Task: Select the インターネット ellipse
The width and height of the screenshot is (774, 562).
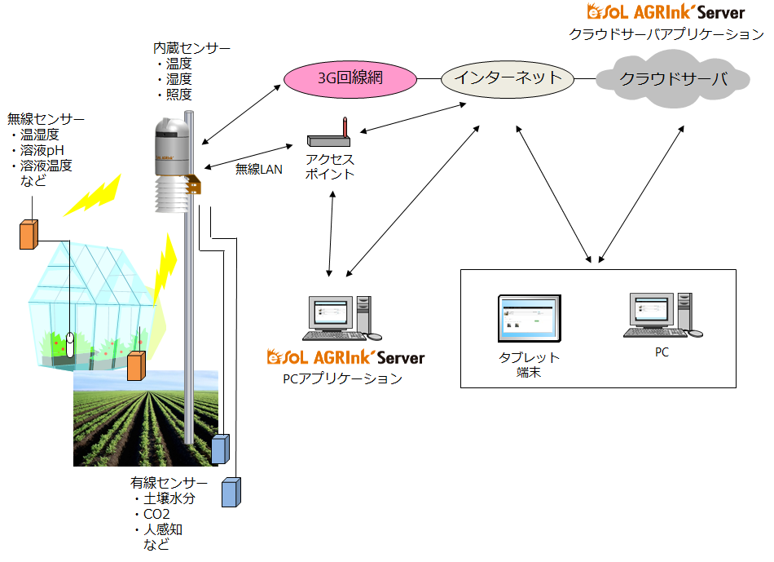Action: point(508,78)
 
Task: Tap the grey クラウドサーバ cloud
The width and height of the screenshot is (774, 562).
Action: point(673,79)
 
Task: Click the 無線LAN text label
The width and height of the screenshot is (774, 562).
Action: point(258,170)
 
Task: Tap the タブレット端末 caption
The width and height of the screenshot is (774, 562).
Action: point(529,365)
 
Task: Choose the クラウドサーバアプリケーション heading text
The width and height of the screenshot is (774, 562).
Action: point(666,34)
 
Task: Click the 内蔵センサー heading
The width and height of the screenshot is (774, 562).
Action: point(191,49)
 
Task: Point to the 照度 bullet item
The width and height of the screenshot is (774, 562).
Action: point(178,95)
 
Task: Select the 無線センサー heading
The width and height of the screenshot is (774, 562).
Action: point(46,120)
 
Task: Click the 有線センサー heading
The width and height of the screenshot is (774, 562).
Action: point(169,483)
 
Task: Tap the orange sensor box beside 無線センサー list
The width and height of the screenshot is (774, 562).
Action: point(29,234)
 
